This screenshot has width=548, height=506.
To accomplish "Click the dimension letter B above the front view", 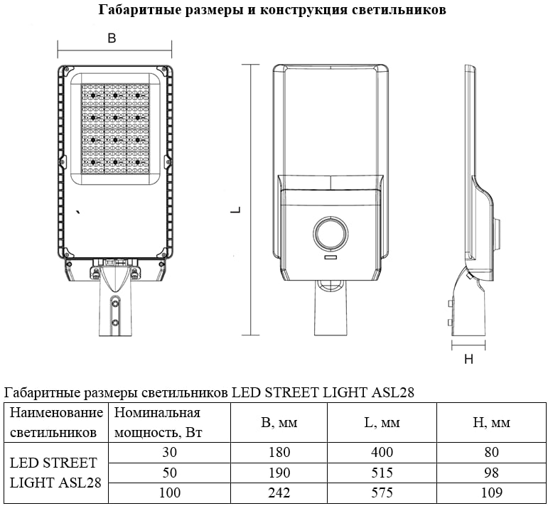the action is pos(112,38).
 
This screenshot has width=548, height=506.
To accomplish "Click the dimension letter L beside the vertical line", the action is pos(237,210).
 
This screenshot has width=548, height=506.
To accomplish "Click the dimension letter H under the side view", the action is pos(468,359).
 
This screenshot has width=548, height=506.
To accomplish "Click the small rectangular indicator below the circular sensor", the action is pos(331,258).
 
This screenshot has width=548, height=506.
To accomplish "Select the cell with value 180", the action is pos(279,452).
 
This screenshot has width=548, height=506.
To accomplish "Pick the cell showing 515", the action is pos(382,473).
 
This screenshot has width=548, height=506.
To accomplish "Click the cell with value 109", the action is pos(491,492).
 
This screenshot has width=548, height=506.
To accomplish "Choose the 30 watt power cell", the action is pos(169,452).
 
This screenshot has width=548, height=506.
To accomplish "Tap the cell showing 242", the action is pos(279,492).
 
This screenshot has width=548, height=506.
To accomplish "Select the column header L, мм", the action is pos(382,423).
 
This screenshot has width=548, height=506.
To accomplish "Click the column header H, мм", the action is pos(491,423).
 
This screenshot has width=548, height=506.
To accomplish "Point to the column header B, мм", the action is pos(279,423).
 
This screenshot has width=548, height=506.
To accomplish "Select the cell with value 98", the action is pos(491,473).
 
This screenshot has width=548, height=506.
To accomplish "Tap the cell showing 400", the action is pos(382,452).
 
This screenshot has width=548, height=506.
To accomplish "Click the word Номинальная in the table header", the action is pos(157,413).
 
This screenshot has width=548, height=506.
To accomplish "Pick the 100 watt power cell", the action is pos(169,492).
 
